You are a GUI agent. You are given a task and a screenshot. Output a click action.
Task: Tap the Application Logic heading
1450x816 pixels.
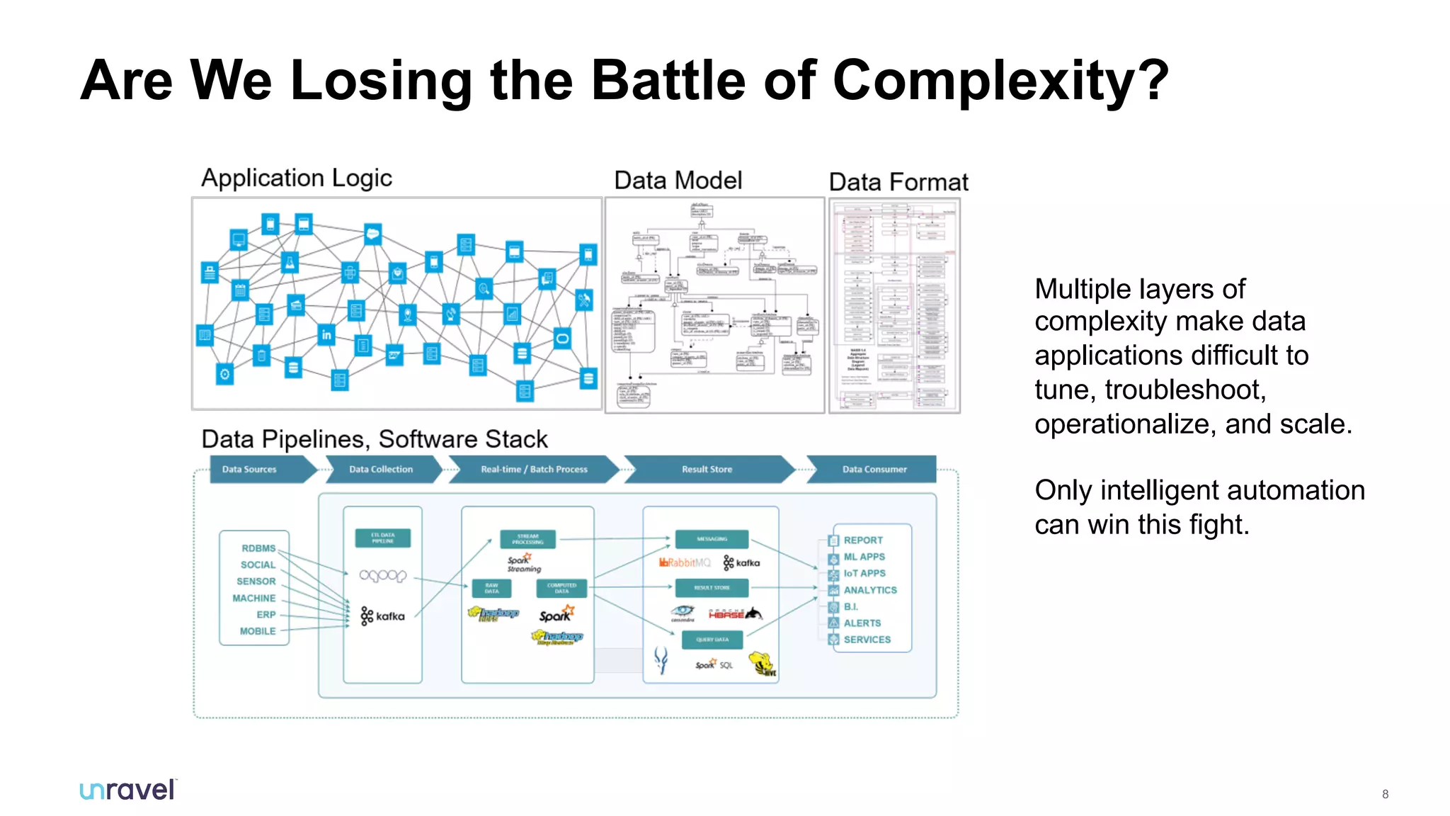tap(297, 178)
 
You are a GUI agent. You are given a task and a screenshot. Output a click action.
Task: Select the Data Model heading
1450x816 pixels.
tap(678, 181)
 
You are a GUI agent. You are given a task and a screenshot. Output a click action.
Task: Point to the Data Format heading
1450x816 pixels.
tap(898, 182)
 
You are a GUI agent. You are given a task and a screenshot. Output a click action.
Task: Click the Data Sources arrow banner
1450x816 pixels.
tap(255, 469)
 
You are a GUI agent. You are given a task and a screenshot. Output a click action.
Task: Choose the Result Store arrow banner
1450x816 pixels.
tap(707, 469)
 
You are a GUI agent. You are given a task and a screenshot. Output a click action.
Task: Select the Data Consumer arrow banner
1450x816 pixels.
tap(874, 469)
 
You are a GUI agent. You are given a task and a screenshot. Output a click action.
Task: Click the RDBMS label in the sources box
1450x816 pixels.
tap(258, 548)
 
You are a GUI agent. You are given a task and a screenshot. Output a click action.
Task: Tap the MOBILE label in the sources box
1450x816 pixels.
tap(258, 631)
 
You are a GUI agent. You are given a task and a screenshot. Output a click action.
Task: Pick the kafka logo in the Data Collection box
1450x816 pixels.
tap(382, 616)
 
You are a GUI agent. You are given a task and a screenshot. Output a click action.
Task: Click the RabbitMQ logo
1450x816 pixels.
tap(685, 562)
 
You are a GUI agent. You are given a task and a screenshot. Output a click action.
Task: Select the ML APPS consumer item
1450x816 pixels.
tap(864, 557)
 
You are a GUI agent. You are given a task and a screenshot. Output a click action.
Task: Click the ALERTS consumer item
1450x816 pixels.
tap(862, 623)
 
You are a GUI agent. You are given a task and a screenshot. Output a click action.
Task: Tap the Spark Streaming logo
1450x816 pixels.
tap(523, 563)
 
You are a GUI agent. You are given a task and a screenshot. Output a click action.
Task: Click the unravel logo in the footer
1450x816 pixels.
tap(127, 790)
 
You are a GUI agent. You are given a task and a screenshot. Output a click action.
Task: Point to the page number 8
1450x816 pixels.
tap(1385, 794)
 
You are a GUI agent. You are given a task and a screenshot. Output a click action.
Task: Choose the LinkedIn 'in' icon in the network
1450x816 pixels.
tap(326, 334)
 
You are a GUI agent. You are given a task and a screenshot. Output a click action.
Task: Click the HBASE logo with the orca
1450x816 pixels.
tap(735, 613)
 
